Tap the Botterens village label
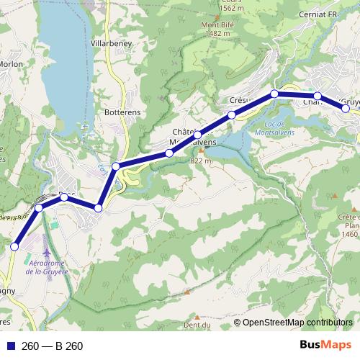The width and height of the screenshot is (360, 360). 122,113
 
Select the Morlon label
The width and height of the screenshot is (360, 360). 12,64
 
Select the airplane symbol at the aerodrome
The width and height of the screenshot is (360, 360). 48,253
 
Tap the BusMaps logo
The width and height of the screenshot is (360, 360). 325,346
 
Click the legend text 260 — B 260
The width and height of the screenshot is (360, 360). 52,346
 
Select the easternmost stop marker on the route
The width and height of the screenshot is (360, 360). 346,109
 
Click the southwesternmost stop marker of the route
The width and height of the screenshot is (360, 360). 14,247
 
